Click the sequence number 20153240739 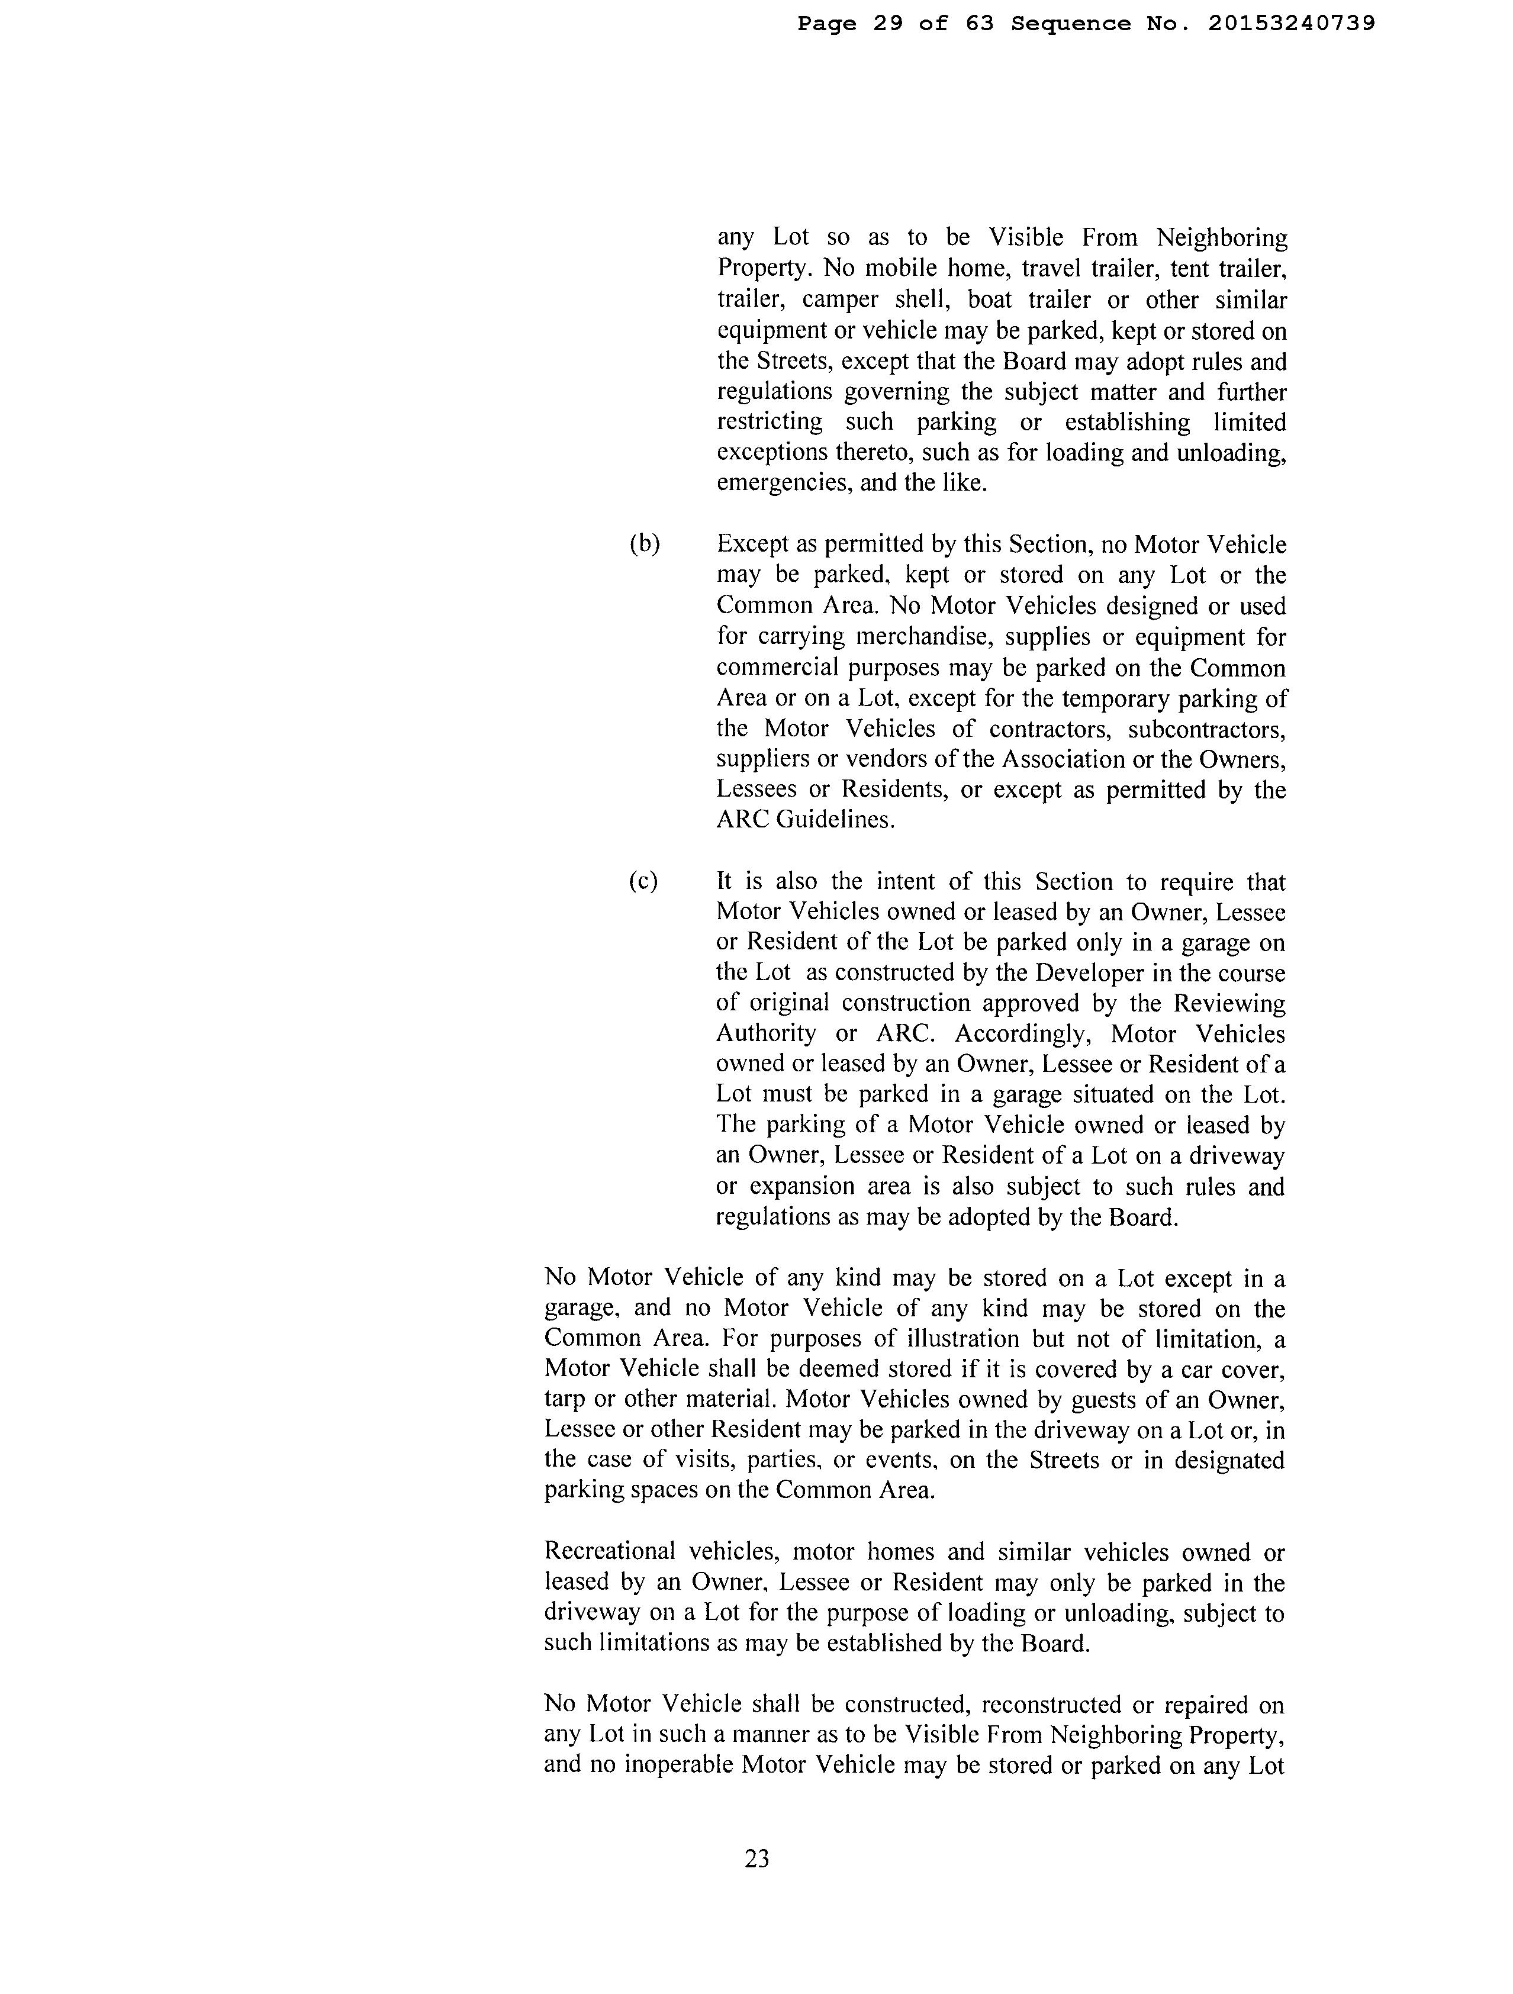pyautogui.click(x=1291, y=24)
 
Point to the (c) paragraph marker pyautogui.click(x=643, y=881)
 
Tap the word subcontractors pyautogui.click(x=1206, y=729)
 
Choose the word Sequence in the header pyautogui.click(x=1070, y=24)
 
